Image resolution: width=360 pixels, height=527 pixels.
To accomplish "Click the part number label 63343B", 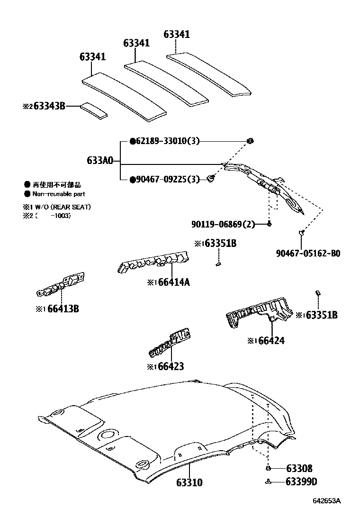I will click(x=48, y=107).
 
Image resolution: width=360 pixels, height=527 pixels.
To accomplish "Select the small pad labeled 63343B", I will click(x=93, y=109).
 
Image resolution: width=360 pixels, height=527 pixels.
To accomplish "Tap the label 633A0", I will click(x=99, y=161).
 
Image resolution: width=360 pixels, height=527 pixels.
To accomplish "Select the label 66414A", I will click(x=174, y=282).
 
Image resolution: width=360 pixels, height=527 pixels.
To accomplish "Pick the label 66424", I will click(x=272, y=340).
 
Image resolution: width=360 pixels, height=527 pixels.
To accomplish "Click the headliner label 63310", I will click(x=189, y=483).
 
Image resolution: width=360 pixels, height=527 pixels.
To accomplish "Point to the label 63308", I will click(x=299, y=469).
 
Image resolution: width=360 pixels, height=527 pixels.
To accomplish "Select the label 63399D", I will click(x=301, y=482).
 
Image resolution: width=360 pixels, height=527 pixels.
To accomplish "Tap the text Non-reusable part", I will click(x=59, y=194).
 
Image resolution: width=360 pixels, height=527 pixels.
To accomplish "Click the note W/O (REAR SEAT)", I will click(x=64, y=207).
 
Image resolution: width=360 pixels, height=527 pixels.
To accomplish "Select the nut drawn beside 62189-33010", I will click(x=251, y=140).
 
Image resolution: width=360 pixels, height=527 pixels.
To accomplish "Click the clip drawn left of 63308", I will click(x=268, y=469).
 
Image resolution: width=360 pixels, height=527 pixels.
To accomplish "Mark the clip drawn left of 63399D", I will click(x=269, y=482).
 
